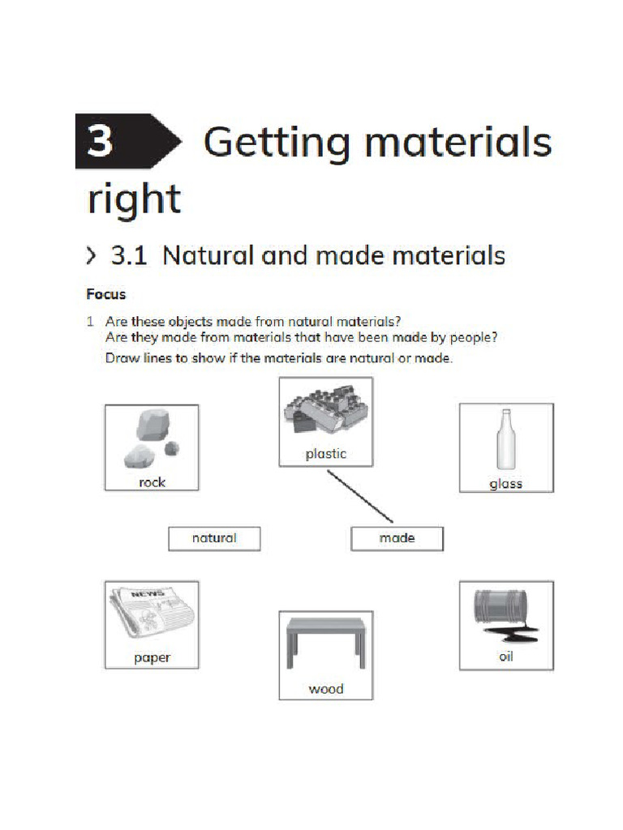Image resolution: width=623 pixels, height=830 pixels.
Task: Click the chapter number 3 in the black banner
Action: pos(101,141)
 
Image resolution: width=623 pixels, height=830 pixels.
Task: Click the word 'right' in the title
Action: pos(133,198)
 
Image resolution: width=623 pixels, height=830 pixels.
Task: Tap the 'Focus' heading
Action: pos(106,294)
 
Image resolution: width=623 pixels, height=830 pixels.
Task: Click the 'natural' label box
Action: pos(214,538)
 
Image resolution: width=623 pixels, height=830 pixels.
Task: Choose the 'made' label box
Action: pos(397,538)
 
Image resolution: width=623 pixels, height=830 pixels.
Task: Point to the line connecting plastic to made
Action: pos(360,497)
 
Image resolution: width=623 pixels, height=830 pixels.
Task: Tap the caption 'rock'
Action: pos(152,482)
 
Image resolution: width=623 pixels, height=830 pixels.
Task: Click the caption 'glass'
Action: pos(505,484)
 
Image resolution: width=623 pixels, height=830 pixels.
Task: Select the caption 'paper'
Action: pos(152,657)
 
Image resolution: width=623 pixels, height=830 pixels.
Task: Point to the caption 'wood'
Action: pos(325,689)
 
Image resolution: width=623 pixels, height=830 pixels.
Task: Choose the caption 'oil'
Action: pos(505,657)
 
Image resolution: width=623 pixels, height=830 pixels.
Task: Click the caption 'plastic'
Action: pos(325,454)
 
